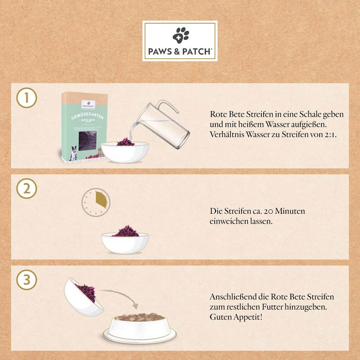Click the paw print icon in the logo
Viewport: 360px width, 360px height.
coord(180,35)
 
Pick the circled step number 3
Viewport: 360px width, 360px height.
coord(27,280)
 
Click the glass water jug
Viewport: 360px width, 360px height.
coord(167,126)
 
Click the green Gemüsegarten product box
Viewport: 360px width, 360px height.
coord(84,126)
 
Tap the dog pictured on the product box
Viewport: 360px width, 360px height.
coord(73,153)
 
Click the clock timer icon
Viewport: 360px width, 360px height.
coord(95,202)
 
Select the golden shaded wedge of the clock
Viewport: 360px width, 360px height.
coord(102,199)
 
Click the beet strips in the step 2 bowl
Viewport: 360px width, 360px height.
coord(125,231)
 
